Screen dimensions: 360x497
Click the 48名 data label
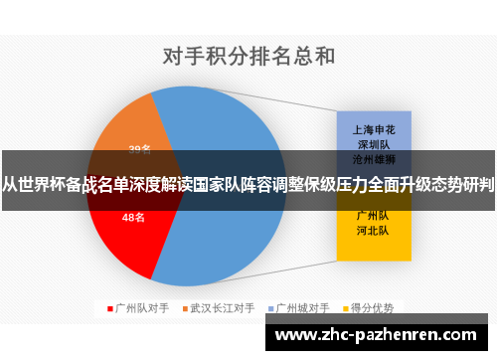[133, 216]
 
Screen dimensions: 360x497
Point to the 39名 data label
[139, 150]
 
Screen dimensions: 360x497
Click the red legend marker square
[108, 307]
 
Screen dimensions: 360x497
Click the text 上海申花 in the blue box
[372, 127]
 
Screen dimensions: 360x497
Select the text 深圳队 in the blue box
[372, 142]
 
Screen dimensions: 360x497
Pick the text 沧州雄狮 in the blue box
[372, 157]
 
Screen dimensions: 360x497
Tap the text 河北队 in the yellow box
[372, 229]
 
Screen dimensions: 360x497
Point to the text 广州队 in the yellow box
[372, 214]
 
